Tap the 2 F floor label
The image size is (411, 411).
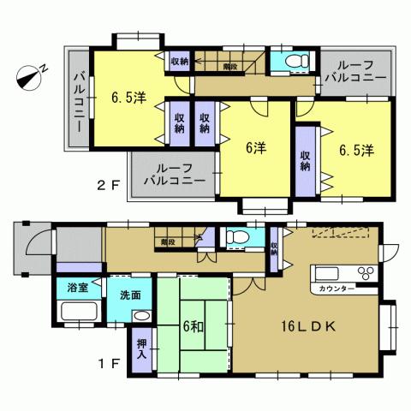tap(105, 183)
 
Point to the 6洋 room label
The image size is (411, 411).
tap(254, 147)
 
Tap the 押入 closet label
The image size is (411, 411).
tap(141, 349)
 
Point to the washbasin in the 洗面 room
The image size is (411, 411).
tap(140, 316)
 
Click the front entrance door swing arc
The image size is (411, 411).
tap(39, 243)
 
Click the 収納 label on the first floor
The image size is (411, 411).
tap(273, 247)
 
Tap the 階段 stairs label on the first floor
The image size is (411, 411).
tap(168, 242)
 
